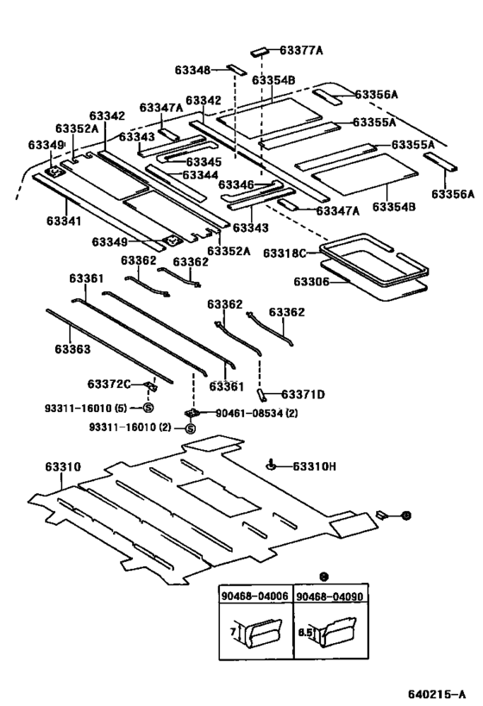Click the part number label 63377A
click(x=301, y=50)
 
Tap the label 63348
click(x=193, y=70)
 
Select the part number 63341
click(x=64, y=221)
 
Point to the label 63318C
click(x=285, y=253)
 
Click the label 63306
click(x=311, y=281)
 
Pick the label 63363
click(x=72, y=349)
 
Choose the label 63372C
click(x=109, y=384)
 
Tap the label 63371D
click(x=303, y=395)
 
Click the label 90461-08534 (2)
click(x=256, y=412)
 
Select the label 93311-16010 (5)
click(x=85, y=408)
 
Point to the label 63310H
click(x=315, y=466)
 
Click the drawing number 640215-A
click(x=437, y=694)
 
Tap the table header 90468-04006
click(x=254, y=597)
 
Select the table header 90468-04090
click(x=329, y=597)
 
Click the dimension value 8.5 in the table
click(x=304, y=632)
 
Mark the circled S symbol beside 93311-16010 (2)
click(x=191, y=428)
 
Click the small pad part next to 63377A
click(x=259, y=52)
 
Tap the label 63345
click(x=204, y=162)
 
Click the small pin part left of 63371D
click(x=261, y=395)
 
